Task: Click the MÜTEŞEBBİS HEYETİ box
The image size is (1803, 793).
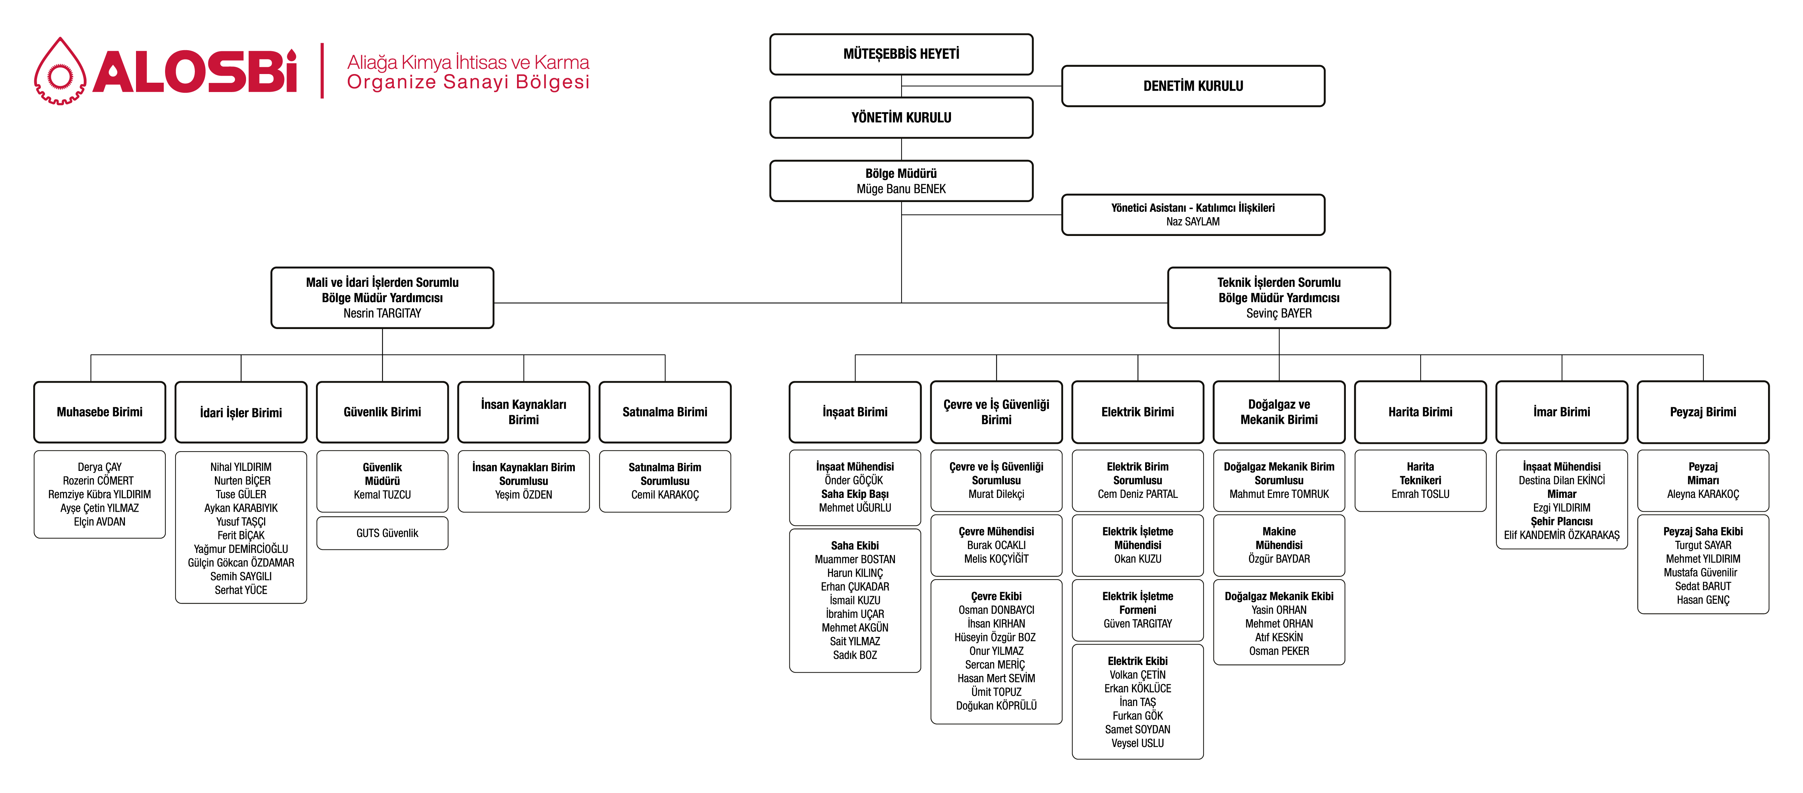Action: [x=901, y=54]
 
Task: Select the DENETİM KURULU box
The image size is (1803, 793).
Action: [x=1193, y=86]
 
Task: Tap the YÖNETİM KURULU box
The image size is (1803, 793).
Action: [x=901, y=118]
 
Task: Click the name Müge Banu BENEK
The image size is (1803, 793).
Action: [x=901, y=189]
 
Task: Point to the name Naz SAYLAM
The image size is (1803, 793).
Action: [x=1193, y=222]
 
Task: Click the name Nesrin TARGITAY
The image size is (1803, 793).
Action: [x=382, y=313]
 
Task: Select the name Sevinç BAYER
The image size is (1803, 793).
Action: [x=1279, y=313]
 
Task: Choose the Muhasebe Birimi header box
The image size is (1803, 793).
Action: [x=99, y=412]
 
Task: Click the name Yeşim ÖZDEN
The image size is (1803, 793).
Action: [x=524, y=495]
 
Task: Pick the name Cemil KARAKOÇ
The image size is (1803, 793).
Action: [x=665, y=495]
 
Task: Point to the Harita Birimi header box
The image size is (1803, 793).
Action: [x=1420, y=412]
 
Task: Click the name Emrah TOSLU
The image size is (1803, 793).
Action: [x=1420, y=494]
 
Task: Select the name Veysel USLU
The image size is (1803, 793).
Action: [x=1138, y=743]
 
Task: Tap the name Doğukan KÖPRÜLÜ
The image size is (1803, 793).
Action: [x=996, y=705]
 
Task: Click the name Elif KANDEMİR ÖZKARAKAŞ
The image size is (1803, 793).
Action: [x=1561, y=536]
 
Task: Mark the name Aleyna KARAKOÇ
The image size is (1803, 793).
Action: [x=1703, y=494]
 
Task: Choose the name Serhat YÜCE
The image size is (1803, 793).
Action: [x=241, y=590]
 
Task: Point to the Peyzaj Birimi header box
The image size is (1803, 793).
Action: [x=1703, y=412]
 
